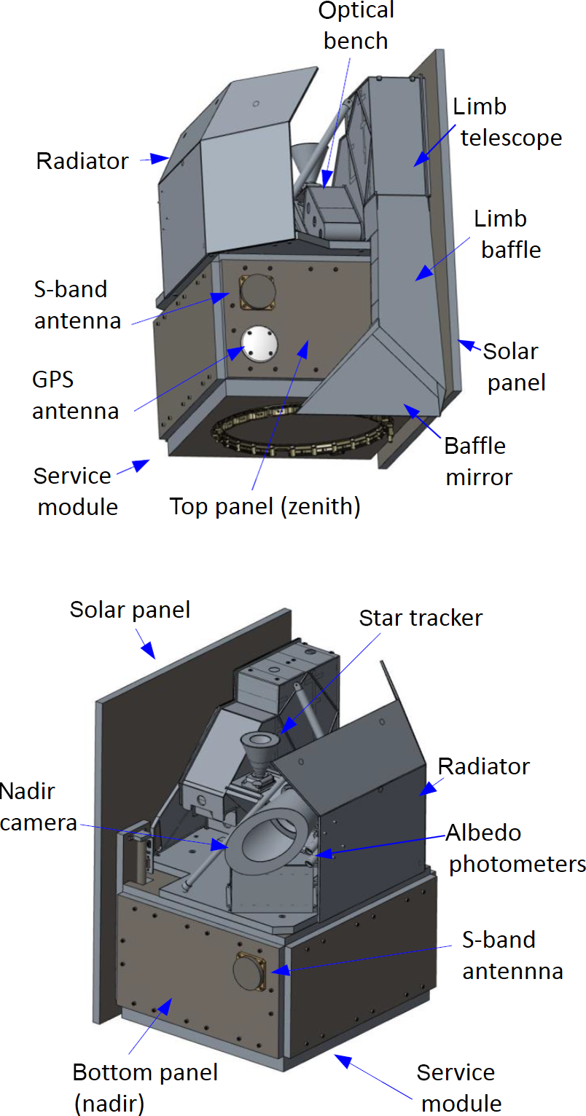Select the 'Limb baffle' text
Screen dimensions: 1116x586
click(x=507, y=233)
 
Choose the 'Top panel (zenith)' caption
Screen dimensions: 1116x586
click(x=265, y=506)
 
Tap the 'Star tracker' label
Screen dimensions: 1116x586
click(x=421, y=618)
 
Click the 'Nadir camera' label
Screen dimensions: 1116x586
click(x=38, y=806)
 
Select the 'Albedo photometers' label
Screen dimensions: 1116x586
click(x=516, y=848)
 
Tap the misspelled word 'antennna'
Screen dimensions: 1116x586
click(x=512, y=971)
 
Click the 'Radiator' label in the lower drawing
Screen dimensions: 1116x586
click(x=483, y=766)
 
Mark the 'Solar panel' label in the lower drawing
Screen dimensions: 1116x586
click(x=130, y=609)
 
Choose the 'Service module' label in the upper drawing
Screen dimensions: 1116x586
click(x=77, y=490)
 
